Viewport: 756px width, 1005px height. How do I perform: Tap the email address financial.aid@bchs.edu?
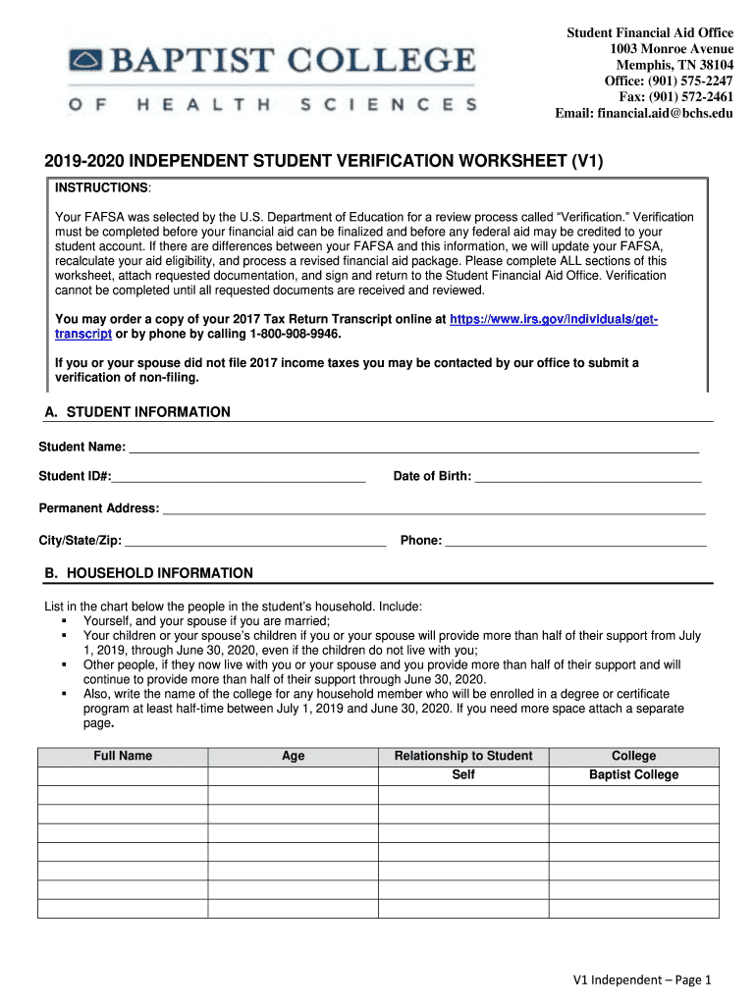(669, 113)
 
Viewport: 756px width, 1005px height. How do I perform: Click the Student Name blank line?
(413, 449)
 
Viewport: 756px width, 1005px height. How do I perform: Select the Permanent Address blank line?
(433, 509)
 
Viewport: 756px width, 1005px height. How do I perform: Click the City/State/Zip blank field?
(254, 541)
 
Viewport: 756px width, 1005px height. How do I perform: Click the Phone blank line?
(575, 541)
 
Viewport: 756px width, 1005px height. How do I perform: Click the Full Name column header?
(123, 756)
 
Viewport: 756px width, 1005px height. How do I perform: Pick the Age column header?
(293, 756)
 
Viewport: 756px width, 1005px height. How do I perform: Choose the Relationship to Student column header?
(463, 756)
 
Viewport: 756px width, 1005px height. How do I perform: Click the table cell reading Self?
(463, 775)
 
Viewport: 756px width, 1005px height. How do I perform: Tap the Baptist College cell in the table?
(633, 775)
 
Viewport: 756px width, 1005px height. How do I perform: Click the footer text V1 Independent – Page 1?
(642, 979)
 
